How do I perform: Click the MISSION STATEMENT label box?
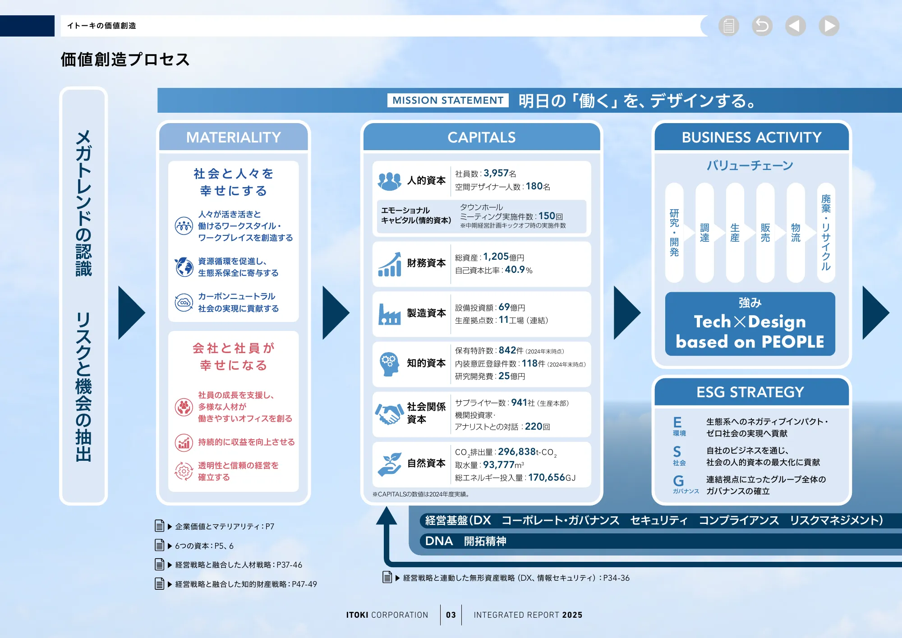click(447, 100)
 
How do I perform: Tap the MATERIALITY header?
click(233, 137)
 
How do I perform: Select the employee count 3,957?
click(496, 173)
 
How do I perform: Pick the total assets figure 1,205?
click(496, 257)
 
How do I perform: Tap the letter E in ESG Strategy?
click(677, 422)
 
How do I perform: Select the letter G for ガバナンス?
click(678, 481)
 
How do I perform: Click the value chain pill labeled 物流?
click(796, 233)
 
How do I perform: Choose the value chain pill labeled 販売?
click(765, 233)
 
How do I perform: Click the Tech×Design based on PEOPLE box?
click(750, 324)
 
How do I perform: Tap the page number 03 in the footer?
click(451, 615)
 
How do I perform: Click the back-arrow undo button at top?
click(762, 26)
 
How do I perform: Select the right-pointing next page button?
click(829, 26)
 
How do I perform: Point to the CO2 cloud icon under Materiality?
click(184, 302)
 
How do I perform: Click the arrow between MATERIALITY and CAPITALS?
click(336, 312)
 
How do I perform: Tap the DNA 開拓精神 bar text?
click(465, 541)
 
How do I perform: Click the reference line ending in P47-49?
click(246, 584)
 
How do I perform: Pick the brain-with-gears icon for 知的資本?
click(388, 363)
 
